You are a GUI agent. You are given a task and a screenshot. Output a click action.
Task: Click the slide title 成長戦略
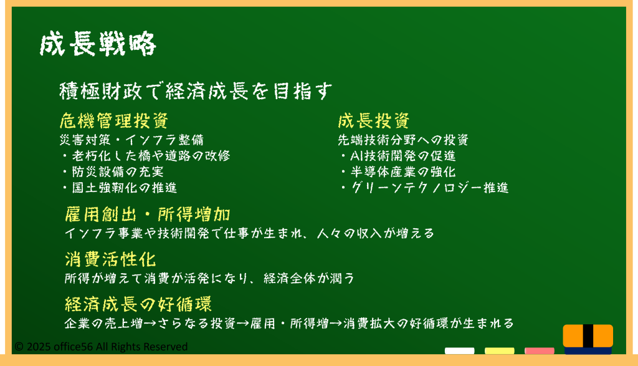tap(98, 44)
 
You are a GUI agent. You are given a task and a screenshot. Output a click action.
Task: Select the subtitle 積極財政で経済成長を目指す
tap(196, 90)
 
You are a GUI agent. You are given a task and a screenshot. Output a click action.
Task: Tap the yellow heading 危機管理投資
tap(114, 120)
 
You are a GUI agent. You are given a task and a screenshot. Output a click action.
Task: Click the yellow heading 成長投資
tap(374, 120)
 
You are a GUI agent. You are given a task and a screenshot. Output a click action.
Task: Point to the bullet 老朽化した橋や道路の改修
tap(147, 155)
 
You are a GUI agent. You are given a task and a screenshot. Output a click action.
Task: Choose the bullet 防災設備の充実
tap(113, 171)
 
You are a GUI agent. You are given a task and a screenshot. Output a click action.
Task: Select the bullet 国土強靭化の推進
tap(120, 187)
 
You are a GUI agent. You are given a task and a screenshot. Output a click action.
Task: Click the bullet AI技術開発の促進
tap(399, 155)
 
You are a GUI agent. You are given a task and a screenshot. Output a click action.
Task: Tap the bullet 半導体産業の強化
tap(399, 171)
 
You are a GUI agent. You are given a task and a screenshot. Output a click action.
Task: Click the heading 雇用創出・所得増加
tap(148, 214)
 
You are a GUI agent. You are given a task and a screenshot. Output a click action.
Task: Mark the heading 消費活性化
tap(110, 259)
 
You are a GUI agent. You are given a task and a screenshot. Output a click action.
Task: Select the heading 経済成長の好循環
tap(138, 304)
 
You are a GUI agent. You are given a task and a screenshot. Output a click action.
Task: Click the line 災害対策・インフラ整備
tap(131, 140)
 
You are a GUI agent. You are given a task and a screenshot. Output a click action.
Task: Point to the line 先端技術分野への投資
tap(403, 140)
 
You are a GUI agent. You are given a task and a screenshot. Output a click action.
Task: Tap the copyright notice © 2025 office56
tap(102, 347)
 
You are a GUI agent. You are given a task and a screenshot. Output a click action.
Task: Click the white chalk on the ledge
tap(459, 351)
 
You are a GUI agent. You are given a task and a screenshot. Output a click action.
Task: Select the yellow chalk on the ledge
tap(499, 351)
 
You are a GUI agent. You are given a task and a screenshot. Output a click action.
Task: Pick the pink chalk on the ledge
tap(539, 351)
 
